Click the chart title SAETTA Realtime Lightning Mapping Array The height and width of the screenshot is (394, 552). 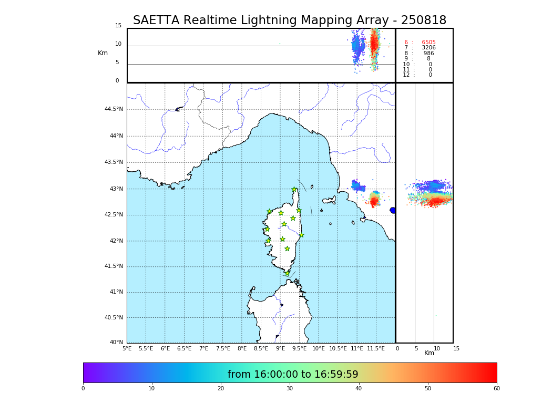[x=289, y=20]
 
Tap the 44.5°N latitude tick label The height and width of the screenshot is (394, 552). [x=114, y=109]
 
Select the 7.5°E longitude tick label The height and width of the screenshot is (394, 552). [x=223, y=348]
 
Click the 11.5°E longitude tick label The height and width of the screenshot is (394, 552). [x=376, y=348]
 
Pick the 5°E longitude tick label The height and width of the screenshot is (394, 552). [x=127, y=348]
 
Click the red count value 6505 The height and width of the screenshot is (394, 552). [x=428, y=43]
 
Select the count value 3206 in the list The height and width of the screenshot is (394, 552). [x=428, y=48]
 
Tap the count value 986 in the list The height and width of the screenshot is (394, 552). [x=429, y=54]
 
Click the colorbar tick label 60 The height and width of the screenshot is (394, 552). [x=496, y=389]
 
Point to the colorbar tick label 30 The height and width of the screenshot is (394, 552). [x=290, y=389]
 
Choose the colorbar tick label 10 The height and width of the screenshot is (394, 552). [x=151, y=389]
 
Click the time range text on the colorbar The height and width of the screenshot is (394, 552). [x=292, y=375]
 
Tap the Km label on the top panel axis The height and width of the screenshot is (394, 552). [x=103, y=53]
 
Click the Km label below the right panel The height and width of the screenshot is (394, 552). [x=429, y=353]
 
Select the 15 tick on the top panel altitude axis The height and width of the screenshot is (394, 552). [x=118, y=26]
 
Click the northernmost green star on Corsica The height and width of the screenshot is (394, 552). [x=294, y=189]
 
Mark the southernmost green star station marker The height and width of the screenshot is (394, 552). [x=287, y=273]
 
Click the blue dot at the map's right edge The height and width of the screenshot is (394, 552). [x=393, y=210]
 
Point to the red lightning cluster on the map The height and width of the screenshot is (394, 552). [x=374, y=200]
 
